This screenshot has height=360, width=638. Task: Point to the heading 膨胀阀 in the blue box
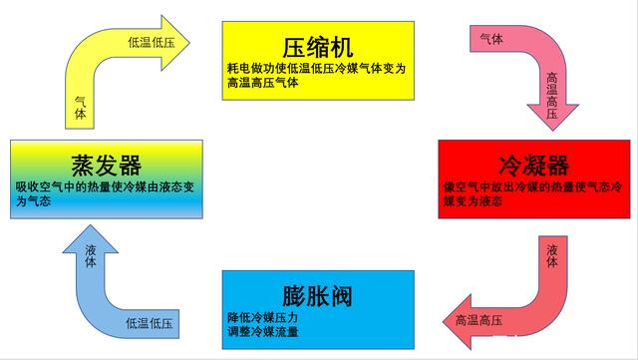coord(319,297)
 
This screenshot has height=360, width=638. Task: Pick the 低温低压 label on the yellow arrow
coord(150,43)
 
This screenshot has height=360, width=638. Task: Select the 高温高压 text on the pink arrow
coord(551,97)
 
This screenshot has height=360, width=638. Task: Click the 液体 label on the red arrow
coord(552,255)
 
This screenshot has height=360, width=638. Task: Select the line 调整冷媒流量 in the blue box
coord(263,331)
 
